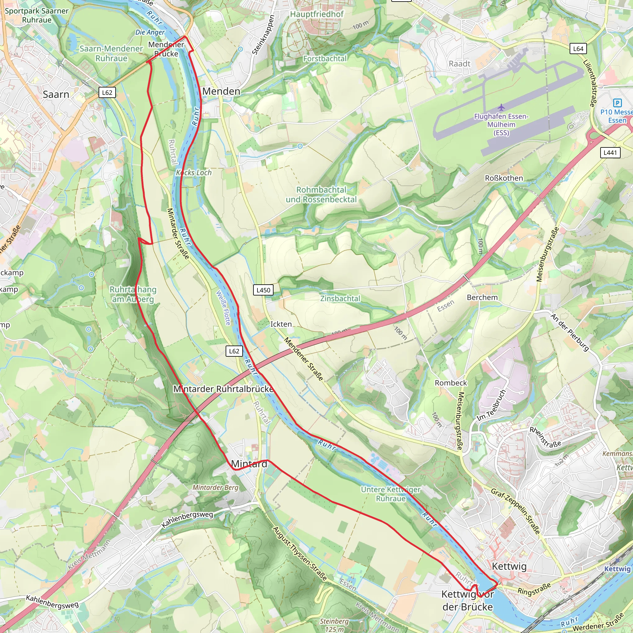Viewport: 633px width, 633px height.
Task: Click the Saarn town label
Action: pos(56,95)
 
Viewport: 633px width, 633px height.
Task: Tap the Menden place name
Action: pos(221,91)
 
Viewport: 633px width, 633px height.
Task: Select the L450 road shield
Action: pos(263,290)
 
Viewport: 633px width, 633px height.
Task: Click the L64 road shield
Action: pos(578,49)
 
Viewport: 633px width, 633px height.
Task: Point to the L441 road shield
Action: pos(610,152)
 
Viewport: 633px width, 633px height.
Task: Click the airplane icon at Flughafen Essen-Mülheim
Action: pos(501,107)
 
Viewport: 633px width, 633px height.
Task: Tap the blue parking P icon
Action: pos(617,103)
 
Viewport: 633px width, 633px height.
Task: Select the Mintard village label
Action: pos(249,464)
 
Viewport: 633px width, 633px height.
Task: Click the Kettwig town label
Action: pos(509,566)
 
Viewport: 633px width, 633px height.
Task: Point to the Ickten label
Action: pos(281,324)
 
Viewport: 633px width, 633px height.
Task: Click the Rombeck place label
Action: pos(451,383)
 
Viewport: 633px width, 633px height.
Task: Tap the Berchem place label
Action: pos(482,298)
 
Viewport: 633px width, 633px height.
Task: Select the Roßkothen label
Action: pos(504,178)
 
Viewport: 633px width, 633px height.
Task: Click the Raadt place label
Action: pos(459,64)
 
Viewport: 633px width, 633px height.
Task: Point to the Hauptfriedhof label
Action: pos(317,15)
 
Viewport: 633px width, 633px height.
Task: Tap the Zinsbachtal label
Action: pos(340,299)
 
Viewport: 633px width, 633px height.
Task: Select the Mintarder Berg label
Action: pos(215,487)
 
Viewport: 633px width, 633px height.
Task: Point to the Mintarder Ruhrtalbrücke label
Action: pos(223,389)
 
